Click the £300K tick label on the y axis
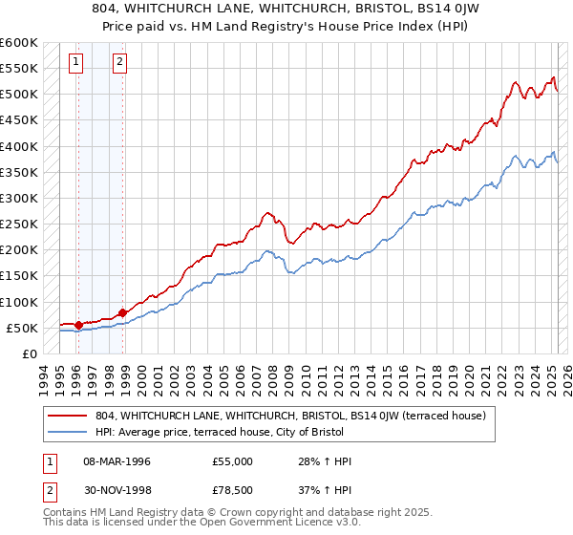(18, 199)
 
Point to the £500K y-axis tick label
(18, 95)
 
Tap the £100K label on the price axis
(18, 302)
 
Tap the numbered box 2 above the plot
(119, 63)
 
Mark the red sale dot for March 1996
(78, 325)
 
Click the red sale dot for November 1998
(122, 312)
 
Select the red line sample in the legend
(68, 416)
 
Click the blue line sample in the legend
(68, 432)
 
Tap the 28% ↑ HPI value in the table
(326, 461)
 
